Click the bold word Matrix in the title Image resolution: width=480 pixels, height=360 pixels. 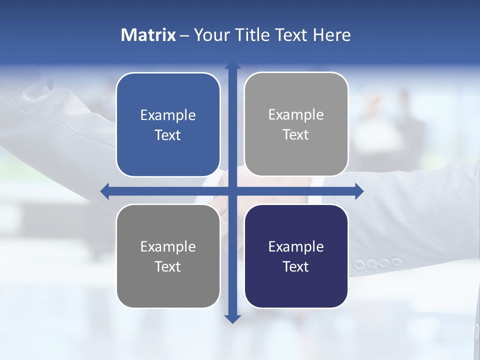pyautogui.click(x=148, y=35)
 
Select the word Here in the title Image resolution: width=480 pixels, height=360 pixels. pyautogui.click(x=331, y=35)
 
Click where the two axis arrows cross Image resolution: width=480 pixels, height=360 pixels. pyautogui.click(x=232, y=191)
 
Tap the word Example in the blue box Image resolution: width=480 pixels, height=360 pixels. pyautogui.click(x=168, y=115)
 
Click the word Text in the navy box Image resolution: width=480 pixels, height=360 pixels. pyautogui.click(x=296, y=266)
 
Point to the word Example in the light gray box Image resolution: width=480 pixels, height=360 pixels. pyautogui.click(x=296, y=115)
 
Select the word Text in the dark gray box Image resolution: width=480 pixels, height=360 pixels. pyautogui.click(x=168, y=266)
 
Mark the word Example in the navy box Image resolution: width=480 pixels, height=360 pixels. pyautogui.click(x=296, y=246)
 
